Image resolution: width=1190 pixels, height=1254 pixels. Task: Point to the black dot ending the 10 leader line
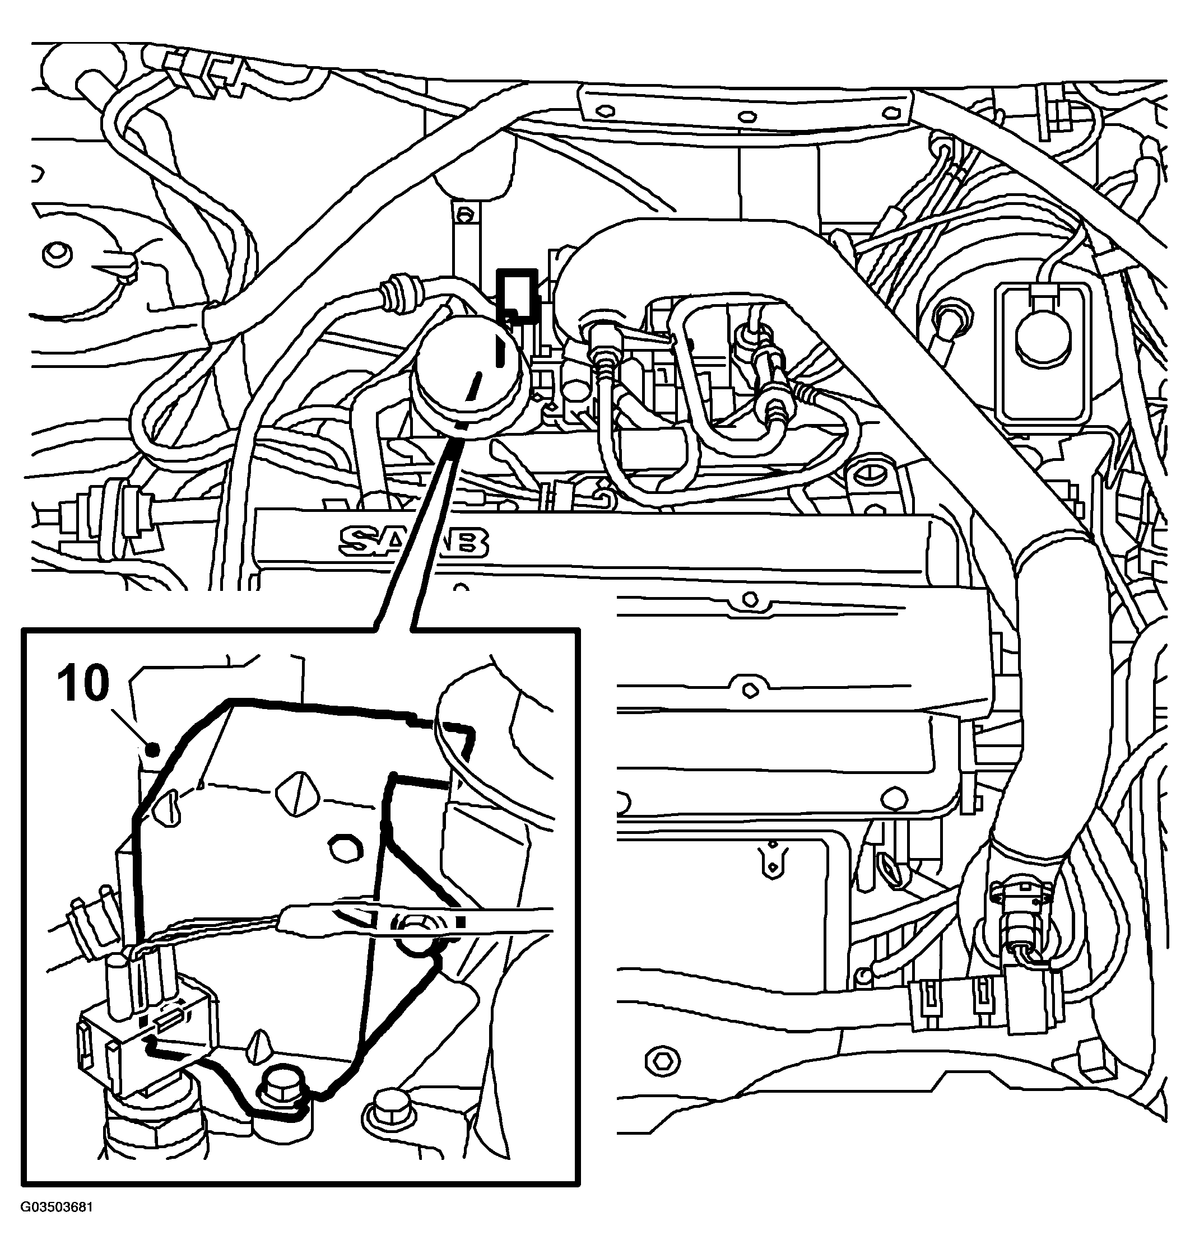[x=152, y=750]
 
